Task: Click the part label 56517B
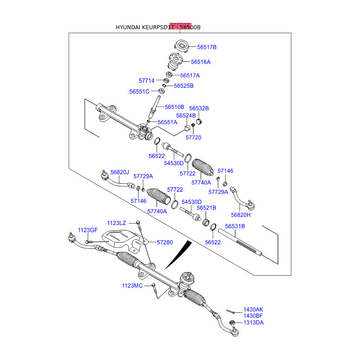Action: click(207, 47)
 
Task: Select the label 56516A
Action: click(200, 62)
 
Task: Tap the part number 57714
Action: click(146, 81)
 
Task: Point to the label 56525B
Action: click(184, 86)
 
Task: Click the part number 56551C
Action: click(139, 91)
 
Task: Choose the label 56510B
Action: click(174, 107)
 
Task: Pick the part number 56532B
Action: click(199, 108)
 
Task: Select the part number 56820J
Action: click(120, 172)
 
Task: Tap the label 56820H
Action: click(241, 215)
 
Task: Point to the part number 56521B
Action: click(207, 208)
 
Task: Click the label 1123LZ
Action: click(117, 223)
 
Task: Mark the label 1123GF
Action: click(87, 230)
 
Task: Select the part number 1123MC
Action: click(132, 286)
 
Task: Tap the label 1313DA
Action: click(253, 323)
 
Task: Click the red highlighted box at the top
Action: click(180, 26)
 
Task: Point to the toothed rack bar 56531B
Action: click(241, 243)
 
